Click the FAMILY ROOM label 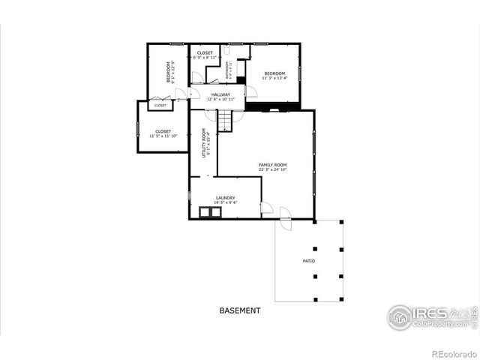coord(272,164)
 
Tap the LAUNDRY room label coord(225,198)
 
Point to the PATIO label coord(308,261)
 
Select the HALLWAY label coord(220,94)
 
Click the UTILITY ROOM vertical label coord(203,142)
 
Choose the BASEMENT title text coord(240,310)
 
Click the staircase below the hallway coord(226,121)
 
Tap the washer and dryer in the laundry coord(210,212)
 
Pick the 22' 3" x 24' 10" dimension coord(273,170)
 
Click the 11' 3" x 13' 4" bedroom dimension coord(274,78)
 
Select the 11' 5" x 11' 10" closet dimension coord(163,136)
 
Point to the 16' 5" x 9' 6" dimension coord(225,202)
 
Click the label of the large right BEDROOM coord(274,73)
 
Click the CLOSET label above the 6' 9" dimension coord(205,52)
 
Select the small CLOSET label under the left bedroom coord(161,106)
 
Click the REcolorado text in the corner coord(450,352)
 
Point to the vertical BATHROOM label coord(226,69)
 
